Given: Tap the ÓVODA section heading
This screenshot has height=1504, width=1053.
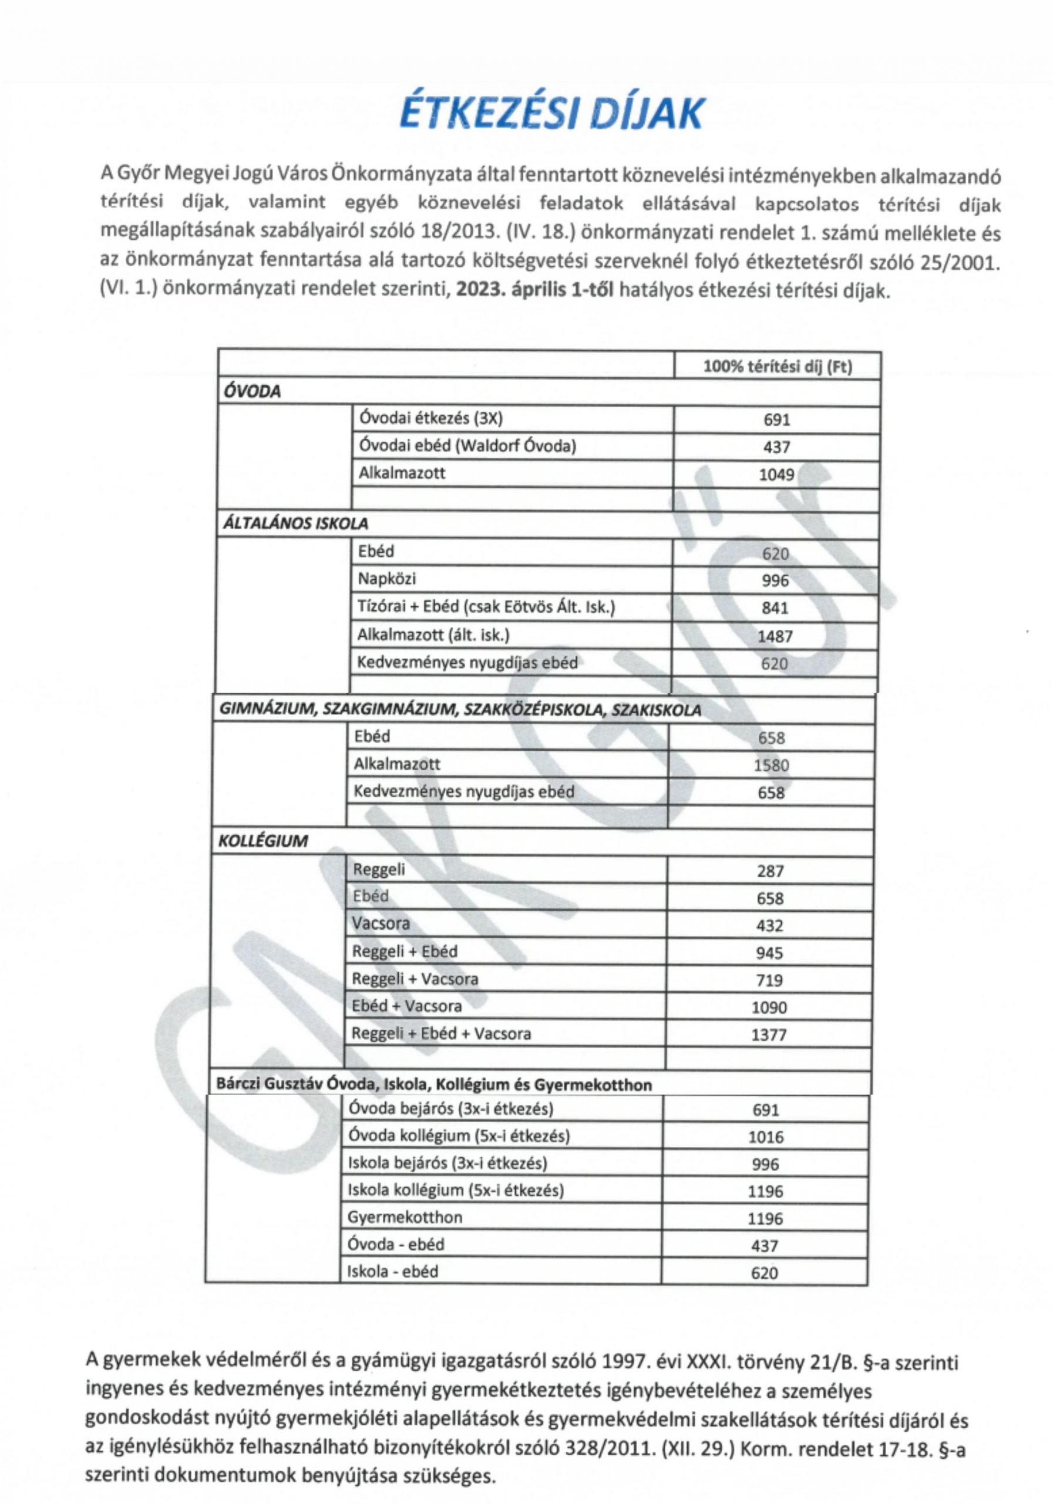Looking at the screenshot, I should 252,392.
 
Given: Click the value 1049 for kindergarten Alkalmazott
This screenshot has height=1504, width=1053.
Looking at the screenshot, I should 776,474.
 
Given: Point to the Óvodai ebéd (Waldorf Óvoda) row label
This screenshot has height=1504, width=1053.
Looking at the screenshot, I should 467,446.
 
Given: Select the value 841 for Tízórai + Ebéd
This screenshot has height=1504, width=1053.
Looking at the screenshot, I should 775,608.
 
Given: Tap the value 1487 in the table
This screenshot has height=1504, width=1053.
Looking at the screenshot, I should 775,636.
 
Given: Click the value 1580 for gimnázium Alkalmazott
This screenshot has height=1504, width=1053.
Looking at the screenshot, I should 772,765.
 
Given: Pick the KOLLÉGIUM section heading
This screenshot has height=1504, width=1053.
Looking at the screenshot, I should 262,841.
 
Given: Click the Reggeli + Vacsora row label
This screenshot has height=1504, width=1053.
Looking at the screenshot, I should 415,979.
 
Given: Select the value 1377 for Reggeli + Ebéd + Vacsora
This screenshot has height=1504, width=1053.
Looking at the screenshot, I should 769,1035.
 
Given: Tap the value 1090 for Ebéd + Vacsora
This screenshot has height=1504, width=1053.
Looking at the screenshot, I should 769,1008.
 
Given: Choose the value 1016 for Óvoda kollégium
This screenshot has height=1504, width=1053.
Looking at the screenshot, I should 765,1137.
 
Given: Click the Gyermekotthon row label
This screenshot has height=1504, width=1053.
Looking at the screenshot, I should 405,1217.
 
